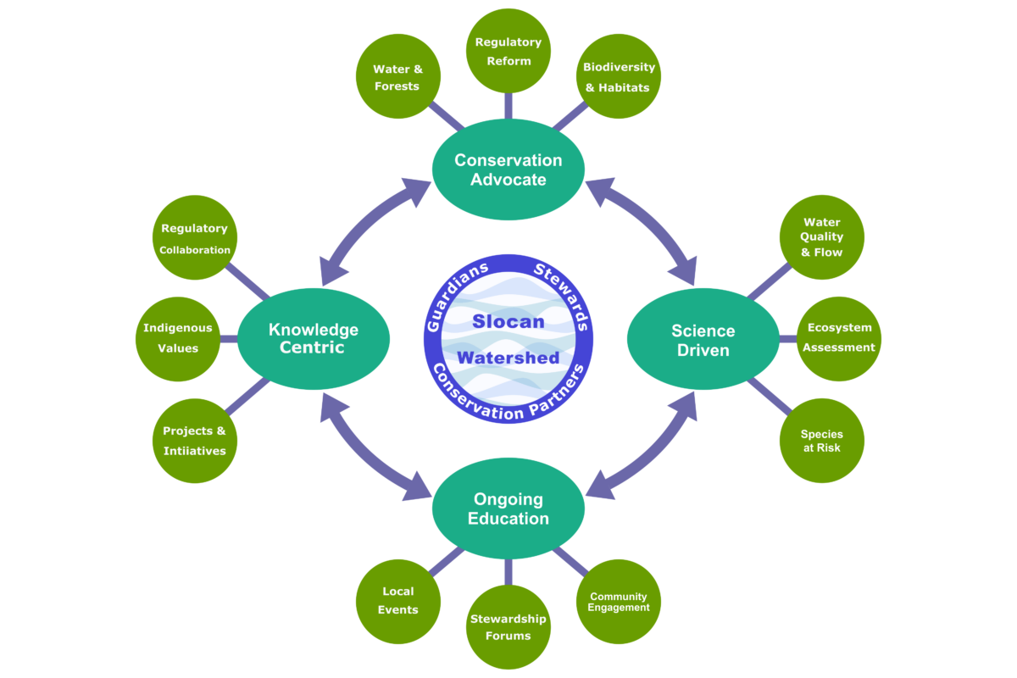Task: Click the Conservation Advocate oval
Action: coord(508,169)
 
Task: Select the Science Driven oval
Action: coord(703,340)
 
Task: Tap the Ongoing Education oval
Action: coord(508,508)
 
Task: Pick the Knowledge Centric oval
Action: coord(314,339)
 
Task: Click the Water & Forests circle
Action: coord(398,76)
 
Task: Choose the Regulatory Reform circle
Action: coord(508,51)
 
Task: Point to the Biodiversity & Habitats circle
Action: coord(619,76)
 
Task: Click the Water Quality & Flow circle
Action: coord(821,237)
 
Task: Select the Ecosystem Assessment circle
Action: coord(839,337)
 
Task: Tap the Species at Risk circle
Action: coord(821,441)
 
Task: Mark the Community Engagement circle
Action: coord(619,602)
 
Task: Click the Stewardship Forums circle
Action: coord(508,627)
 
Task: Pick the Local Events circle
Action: coord(398,602)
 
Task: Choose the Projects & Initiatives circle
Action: coord(195,441)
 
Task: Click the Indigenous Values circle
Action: coord(178,338)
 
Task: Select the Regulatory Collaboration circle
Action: coord(195,238)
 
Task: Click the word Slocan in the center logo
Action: coord(508,322)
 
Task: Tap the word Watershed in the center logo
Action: coord(508,358)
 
